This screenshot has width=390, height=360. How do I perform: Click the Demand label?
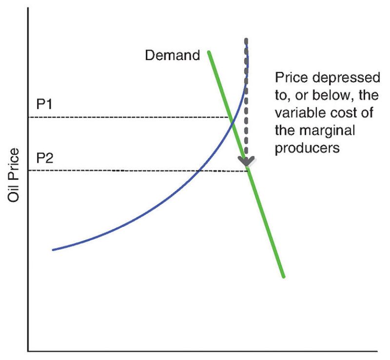tap(172, 55)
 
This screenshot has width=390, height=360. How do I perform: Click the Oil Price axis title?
tap(14, 175)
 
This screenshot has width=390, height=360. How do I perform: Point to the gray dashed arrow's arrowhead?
tap(246, 161)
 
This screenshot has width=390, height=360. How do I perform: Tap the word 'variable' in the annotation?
tap(297, 113)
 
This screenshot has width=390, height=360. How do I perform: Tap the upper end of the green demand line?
tap(209, 52)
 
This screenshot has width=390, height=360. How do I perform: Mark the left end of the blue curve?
tap(53, 250)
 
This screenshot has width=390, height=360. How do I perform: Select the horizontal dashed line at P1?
tap(127, 117)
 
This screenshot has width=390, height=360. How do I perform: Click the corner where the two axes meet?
tap(28, 350)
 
